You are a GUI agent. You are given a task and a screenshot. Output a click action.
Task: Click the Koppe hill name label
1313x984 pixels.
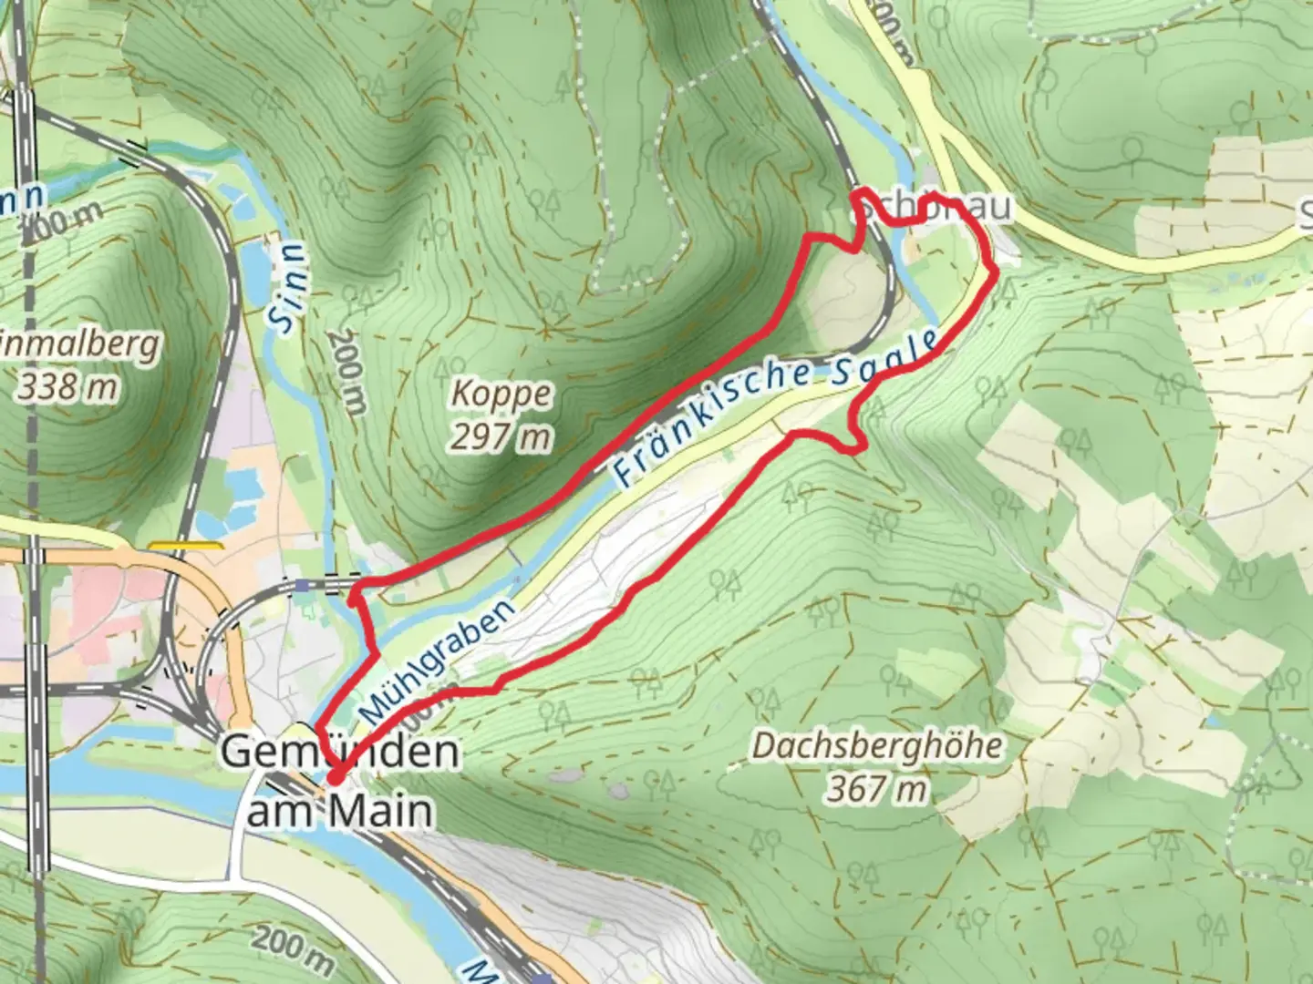point(501,395)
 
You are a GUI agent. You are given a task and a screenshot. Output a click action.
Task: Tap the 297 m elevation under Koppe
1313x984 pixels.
point(501,438)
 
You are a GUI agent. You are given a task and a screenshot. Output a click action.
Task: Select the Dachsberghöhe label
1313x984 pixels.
point(876,746)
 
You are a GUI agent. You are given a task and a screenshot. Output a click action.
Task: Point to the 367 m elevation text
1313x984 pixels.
point(876,788)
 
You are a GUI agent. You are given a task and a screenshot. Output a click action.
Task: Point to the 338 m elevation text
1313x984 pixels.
point(68,387)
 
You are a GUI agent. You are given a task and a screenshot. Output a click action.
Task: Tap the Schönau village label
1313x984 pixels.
point(935,208)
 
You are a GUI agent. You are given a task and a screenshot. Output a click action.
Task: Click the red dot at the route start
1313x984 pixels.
point(336,777)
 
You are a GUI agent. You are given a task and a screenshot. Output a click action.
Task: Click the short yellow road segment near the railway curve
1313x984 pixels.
point(185,546)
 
